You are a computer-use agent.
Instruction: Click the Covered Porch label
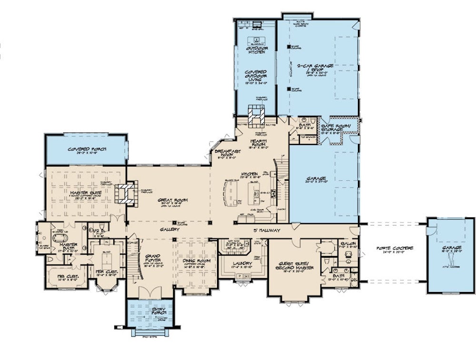click(x=87, y=149)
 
